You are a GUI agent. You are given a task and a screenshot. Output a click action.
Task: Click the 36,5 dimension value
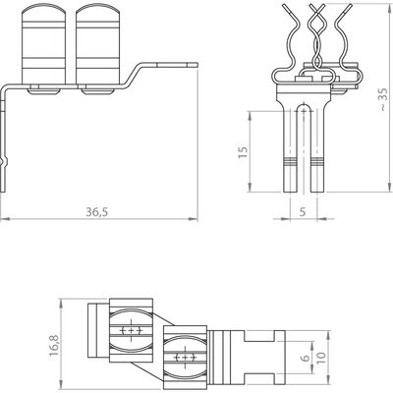click(97, 212)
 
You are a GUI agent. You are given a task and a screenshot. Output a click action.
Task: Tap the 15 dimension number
click(243, 152)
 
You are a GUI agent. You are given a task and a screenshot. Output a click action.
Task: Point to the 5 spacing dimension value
click(303, 212)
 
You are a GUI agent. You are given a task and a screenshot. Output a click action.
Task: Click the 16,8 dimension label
click(54, 345)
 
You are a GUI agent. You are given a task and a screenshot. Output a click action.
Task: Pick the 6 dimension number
click(306, 358)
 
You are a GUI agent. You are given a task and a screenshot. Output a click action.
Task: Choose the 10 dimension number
click(321, 358)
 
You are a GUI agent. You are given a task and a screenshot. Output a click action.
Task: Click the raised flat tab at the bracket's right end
click(177, 65)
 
